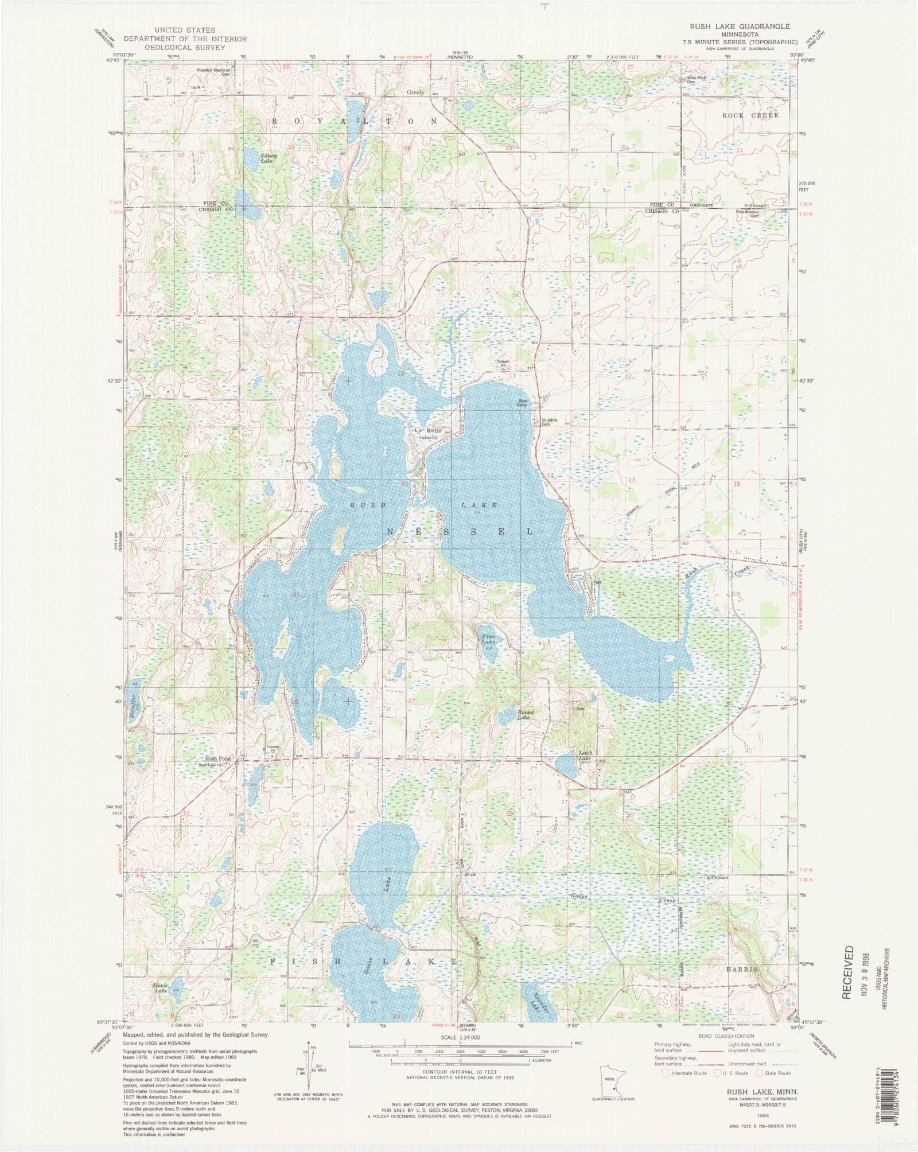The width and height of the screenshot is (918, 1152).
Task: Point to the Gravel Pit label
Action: pyautogui.click(x=503, y=364)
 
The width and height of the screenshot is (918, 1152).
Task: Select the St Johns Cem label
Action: pyautogui.click(x=550, y=422)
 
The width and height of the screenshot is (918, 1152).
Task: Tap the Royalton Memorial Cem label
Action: pyautogui.click(x=214, y=72)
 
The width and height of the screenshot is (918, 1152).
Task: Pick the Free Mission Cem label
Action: pyautogui.click(x=748, y=213)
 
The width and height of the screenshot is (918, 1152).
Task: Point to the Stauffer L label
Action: pyautogui.click(x=134, y=703)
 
